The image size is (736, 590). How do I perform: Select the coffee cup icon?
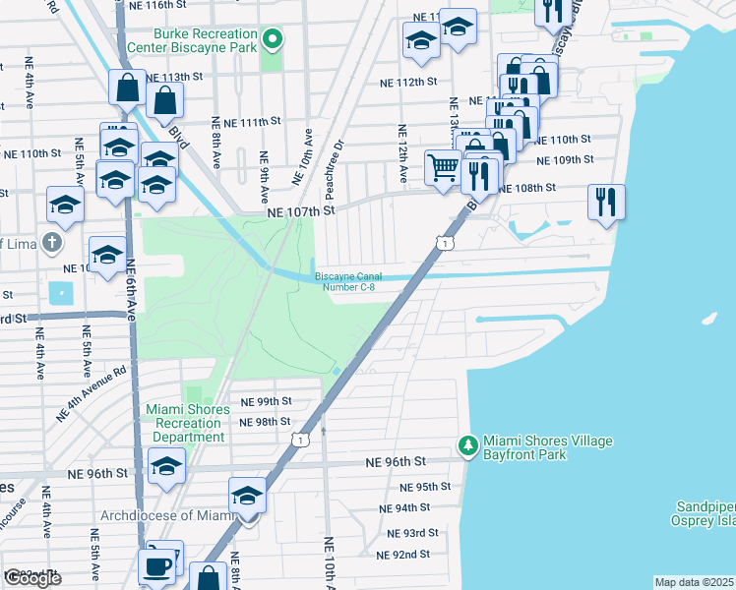(156, 566)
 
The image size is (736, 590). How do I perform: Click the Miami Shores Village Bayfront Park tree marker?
(469, 446)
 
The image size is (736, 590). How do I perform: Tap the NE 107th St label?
(301, 209)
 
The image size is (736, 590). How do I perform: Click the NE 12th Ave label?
(402, 153)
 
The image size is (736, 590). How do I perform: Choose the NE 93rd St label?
(413, 532)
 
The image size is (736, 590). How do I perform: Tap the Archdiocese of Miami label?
(164, 515)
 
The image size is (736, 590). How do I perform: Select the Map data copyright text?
(694, 582)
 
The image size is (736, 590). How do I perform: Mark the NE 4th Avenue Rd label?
(92, 394)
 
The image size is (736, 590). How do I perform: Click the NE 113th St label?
(173, 76)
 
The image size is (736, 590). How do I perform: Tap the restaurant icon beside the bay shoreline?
(605, 203)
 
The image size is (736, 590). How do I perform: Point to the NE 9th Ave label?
(264, 170)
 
